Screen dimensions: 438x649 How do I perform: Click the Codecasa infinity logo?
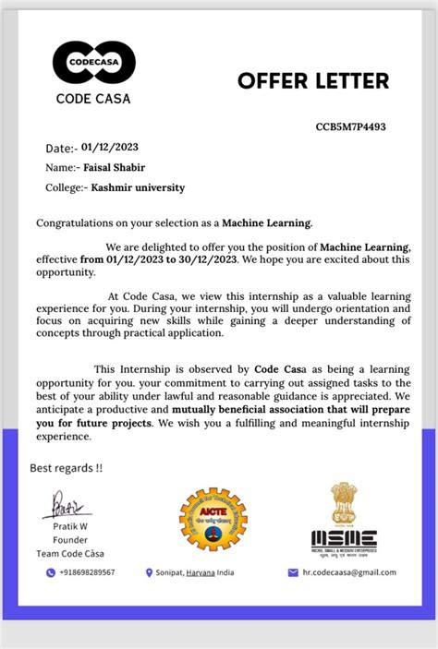[93, 63]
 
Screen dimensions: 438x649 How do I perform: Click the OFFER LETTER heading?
[313, 81]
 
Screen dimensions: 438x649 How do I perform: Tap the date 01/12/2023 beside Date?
[111, 147]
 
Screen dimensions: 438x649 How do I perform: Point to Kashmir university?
[138, 187]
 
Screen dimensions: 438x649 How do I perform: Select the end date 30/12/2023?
[210, 259]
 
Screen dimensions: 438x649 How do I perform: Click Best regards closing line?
[67, 467]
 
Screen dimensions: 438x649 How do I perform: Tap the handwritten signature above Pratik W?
[67, 506]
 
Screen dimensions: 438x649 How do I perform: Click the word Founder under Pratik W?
[70, 541]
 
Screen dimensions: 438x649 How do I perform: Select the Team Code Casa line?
[71, 553]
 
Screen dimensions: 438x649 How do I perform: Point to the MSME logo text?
[343, 537]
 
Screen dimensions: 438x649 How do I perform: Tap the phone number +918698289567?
[88, 572]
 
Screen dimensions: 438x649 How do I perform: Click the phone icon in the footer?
[51, 572]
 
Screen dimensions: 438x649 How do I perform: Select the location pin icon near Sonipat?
[150, 572]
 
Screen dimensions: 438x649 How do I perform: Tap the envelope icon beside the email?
[294, 572]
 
